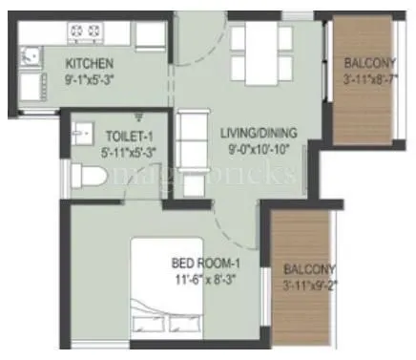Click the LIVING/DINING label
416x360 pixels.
click(258, 132)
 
